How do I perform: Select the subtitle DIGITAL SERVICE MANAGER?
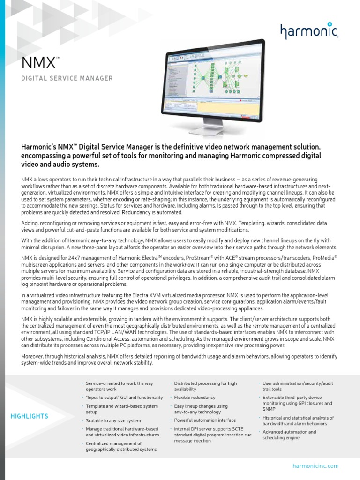pos(67,78)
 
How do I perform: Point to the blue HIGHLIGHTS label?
pos(30,416)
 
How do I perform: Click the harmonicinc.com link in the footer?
pos(315,466)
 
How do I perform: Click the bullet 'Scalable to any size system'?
pos(113,421)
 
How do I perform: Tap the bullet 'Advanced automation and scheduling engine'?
pos(289,435)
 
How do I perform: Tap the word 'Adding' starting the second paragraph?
pos(31,223)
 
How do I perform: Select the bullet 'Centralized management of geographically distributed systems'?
pos(121,446)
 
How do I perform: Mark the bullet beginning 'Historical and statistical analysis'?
pos(298,420)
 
